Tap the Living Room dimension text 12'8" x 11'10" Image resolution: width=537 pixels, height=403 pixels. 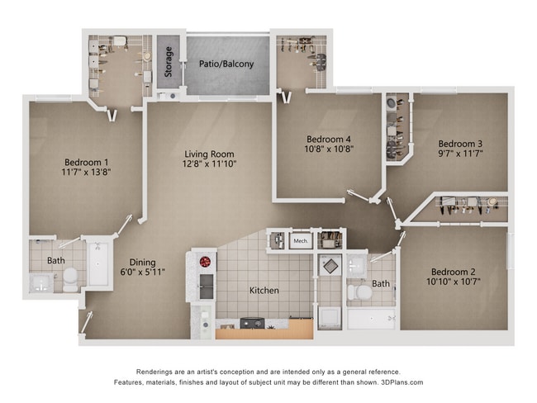[209, 164]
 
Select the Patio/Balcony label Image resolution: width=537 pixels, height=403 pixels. [226, 64]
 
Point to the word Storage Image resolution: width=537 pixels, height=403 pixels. [169, 63]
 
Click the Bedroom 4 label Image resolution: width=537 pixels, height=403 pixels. [328, 139]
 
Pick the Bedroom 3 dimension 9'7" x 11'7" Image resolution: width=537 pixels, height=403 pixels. [459, 154]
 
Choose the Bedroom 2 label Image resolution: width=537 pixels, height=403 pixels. [453, 272]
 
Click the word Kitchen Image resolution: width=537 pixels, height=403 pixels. [264, 291]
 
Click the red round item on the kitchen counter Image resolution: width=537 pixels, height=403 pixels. [205, 263]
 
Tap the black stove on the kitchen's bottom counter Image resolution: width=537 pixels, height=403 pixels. [251, 324]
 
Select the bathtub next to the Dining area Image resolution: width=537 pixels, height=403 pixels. [97, 264]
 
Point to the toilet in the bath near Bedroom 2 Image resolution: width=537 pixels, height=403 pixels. [356, 292]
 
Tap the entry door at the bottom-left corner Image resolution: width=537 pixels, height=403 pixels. [85, 323]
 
